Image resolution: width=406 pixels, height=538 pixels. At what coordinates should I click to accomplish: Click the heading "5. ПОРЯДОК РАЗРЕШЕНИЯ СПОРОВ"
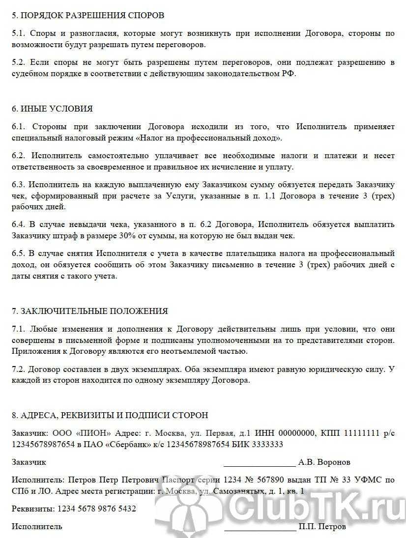pos(88,15)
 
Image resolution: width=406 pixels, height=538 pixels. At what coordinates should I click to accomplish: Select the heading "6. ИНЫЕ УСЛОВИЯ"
pos(52,109)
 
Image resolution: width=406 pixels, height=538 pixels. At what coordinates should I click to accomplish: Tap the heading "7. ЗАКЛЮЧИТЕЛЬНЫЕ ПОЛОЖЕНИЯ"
pos(89,311)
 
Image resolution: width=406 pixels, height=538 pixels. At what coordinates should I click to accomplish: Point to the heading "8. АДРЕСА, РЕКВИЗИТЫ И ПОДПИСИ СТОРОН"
pos(110,415)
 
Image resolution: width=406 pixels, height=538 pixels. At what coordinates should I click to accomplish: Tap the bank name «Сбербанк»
pos(137,444)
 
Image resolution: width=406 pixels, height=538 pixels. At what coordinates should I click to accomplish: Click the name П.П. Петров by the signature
pos(322,527)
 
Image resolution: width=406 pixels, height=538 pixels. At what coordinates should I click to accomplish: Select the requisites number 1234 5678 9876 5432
pos(97,509)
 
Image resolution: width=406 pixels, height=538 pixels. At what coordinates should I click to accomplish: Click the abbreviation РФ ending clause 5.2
pos(290,73)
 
